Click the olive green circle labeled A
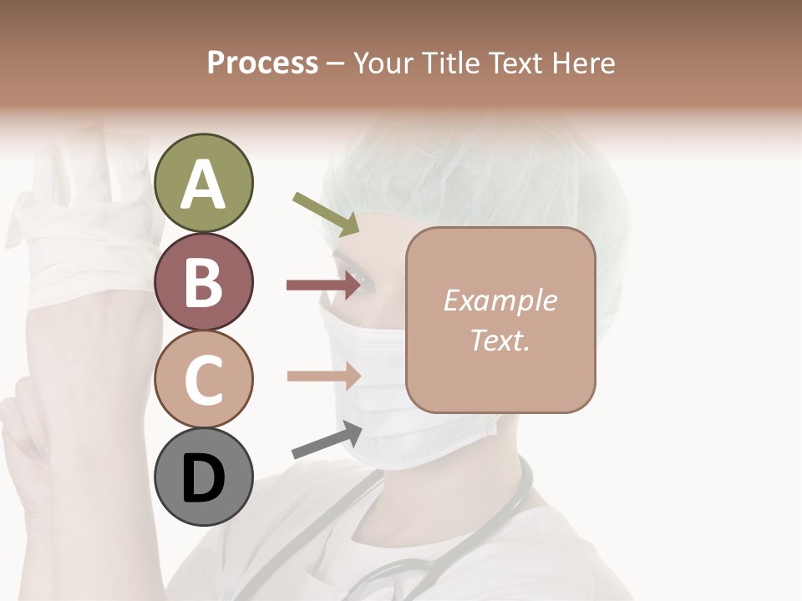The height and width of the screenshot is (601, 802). coord(204,183)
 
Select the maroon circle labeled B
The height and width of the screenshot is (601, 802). coord(204,281)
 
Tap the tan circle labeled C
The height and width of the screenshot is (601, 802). coord(204,379)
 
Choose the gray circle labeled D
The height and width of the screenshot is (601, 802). coord(204,477)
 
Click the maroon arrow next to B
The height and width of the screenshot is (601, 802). coord(322,285)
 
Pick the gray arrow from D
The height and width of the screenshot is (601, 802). coord(327,440)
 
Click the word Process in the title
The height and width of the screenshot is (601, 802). coord(262,63)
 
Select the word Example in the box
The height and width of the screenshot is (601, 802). coord(500,300)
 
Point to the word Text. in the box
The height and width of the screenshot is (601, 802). coord(500,340)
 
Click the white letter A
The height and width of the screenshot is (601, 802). coord(204,184)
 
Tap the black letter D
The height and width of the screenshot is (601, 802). coord(204,478)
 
